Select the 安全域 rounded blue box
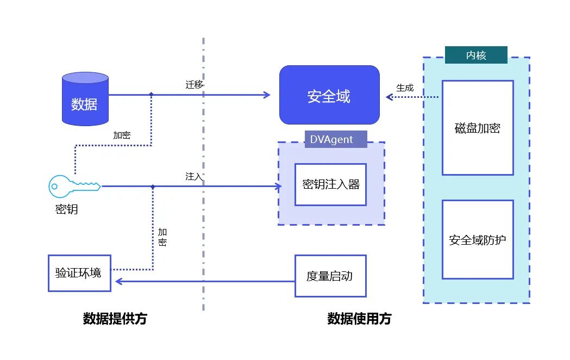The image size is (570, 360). click(329, 95)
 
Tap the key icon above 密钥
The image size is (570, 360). click(74, 187)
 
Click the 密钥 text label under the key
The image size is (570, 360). click(67, 209)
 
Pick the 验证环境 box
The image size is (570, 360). click(79, 273)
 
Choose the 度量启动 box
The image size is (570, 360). click(330, 276)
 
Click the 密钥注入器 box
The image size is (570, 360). click(330, 184)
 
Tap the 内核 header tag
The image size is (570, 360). click(475, 55)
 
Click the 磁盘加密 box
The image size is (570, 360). click(477, 128)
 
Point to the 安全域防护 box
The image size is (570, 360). click(477, 239)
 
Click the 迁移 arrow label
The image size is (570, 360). click(194, 84)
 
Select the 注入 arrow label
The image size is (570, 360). click(194, 176)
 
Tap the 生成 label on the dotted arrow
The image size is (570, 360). click(404, 87)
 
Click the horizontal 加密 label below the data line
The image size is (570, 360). click(122, 135)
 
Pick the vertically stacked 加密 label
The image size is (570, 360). click(162, 237)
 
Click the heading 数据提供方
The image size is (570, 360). click(115, 319)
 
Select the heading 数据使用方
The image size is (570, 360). click(359, 319)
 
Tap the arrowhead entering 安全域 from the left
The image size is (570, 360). click(266, 95)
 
